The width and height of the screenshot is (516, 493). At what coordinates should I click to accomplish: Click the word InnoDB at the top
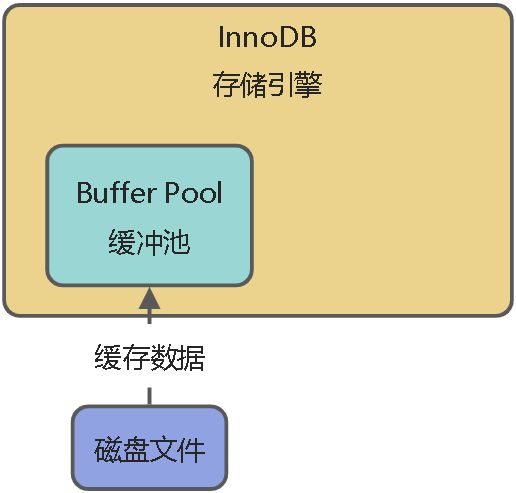click(x=267, y=40)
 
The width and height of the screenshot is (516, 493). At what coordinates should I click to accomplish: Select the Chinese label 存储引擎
click(x=267, y=85)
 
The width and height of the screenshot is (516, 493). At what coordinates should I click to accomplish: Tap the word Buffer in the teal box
click(x=113, y=192)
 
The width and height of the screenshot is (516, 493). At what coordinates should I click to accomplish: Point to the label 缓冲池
click(x=149, y=242)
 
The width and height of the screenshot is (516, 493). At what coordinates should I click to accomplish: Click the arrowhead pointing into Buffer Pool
click(x=149, y=298)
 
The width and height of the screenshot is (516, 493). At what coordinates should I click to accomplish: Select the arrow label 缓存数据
click(x=150, y=357)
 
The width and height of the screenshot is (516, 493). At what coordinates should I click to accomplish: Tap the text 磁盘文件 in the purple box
click(x=150, y=449)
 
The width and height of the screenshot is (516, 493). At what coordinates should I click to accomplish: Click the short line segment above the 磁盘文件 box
click(x=150, y=395)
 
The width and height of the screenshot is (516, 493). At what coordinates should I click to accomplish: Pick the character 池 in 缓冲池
click(x=177, y=242)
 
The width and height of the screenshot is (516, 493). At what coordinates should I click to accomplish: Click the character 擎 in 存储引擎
click(x=308, y=85)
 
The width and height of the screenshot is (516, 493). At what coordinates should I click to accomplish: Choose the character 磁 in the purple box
click(x=109, y=449)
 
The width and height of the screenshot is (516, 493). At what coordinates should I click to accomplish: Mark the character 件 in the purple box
click(x=191, y=449)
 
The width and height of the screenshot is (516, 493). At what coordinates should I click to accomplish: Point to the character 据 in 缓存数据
click(x=191, y=357)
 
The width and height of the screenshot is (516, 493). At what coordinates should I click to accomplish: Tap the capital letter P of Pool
click(x=166, y=192)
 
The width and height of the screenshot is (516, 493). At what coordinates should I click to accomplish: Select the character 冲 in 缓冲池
click(x=149, y=242)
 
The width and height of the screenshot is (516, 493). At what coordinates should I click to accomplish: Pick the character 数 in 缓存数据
click(x=164, y=357)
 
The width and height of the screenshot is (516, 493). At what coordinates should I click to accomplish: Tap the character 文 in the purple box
click(x=164, y=449)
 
